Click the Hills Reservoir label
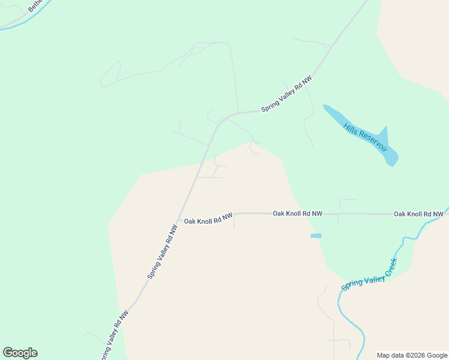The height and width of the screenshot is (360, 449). pyautogui.click(x=366, y=137)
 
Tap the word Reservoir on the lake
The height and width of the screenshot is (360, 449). pyautogui.click(x=373, y=142)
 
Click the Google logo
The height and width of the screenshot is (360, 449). pyautogui.click(x=20, y=353)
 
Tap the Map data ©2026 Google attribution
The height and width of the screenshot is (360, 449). pyautogui.click(x=412, y=355)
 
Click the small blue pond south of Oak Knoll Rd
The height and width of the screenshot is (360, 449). pyautogui.click(x=316, y=236)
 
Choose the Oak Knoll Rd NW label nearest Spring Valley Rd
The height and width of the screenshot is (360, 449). pyautogui.click(x=208, y=219)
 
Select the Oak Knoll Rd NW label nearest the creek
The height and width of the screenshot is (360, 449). pyautogui.click(x=418, y=214)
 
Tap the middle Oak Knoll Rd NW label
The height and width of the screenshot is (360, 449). pyautogui.click(x=297, y=213)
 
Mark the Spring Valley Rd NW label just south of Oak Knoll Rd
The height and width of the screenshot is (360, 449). pyautogui.click(x=163, y=252)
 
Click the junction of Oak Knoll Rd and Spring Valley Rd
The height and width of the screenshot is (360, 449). pyautogui.click(x=179, y=220)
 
